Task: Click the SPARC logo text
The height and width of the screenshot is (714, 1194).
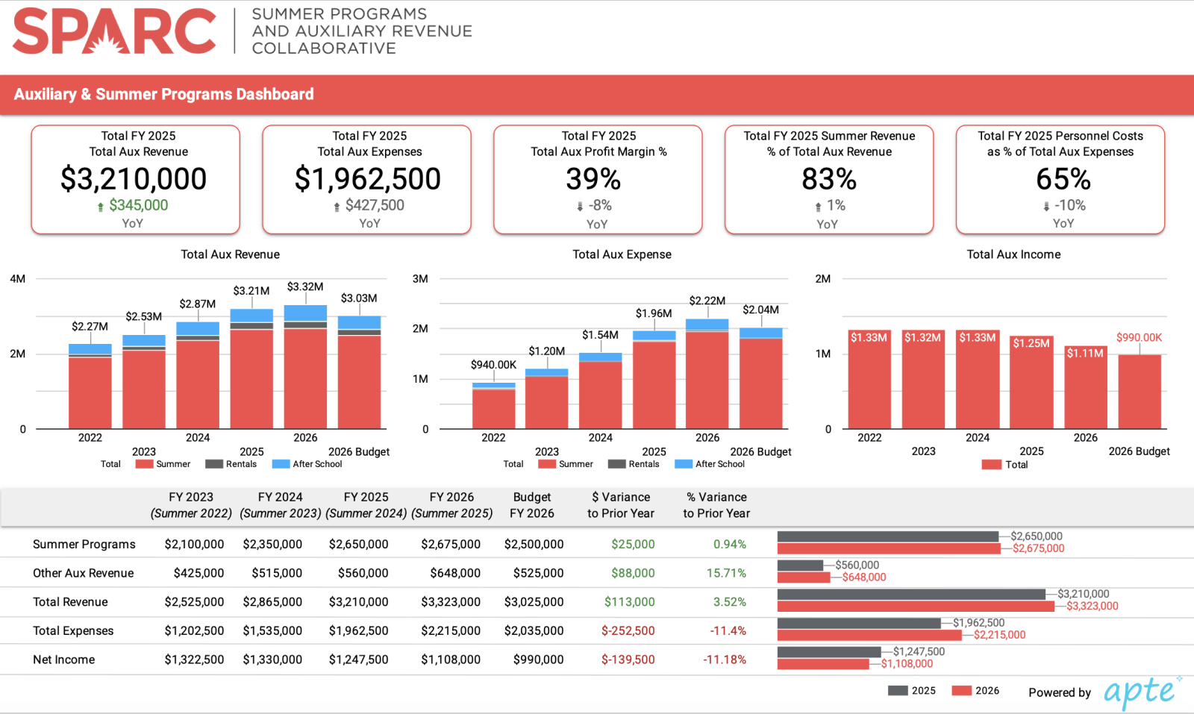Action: (x=114, y=31)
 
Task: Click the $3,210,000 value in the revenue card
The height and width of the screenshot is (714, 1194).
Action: (x=134, y=179)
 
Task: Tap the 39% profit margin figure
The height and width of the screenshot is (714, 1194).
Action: (x=593, y=179)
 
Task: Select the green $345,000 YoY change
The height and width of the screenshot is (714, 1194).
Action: (x=138, y=205)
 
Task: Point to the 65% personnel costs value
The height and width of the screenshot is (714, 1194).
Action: (x=1063, y=179)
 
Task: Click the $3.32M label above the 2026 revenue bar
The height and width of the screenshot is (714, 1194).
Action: (x=305, y=286)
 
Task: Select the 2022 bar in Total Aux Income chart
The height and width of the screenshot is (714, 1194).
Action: (x=869, y=381)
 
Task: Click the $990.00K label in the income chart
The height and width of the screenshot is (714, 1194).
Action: (x=1139, y=337)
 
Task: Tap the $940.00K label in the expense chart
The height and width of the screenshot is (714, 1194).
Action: (x=493, y=365)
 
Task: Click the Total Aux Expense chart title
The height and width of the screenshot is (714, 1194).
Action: (x=622, y=254)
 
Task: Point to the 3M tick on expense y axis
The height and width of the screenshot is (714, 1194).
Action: (x=420, y=279)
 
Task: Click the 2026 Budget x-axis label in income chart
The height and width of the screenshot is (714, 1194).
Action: (x=1139, y=451)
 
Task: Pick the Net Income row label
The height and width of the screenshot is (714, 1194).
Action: (x=64, y=660)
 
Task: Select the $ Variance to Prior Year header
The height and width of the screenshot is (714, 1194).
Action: (x=621, y=505)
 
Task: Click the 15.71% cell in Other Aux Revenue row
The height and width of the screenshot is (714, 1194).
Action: (x=726, y=573)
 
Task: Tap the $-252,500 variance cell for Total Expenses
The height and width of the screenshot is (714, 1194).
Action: (x=628, y=630)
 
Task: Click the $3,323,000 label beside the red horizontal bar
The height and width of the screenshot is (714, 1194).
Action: (x=1092, y=606)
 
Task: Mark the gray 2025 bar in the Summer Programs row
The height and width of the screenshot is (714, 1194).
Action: (x=888, y=536)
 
